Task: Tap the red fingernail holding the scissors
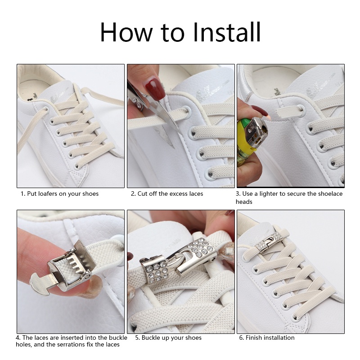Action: coord(155,88)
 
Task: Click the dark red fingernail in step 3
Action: coord(260,112)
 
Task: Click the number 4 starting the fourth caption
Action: coord(18,338)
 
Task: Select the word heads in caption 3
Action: coord(244,202)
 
